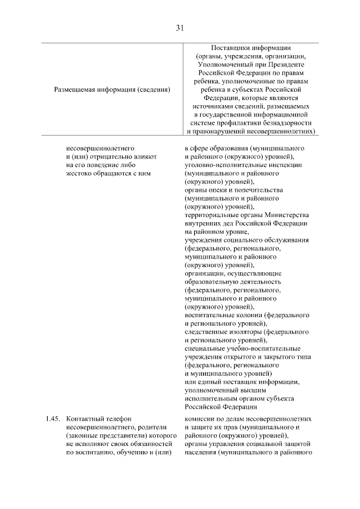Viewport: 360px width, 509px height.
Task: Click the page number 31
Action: coord(179,27)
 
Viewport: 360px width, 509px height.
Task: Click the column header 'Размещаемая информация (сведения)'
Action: coord(112,89)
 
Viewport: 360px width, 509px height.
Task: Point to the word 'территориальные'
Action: coord(211,215)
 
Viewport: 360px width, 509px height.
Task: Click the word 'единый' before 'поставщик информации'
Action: coord(205,382)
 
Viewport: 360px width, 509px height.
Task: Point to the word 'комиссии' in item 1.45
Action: coord(199,419)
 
